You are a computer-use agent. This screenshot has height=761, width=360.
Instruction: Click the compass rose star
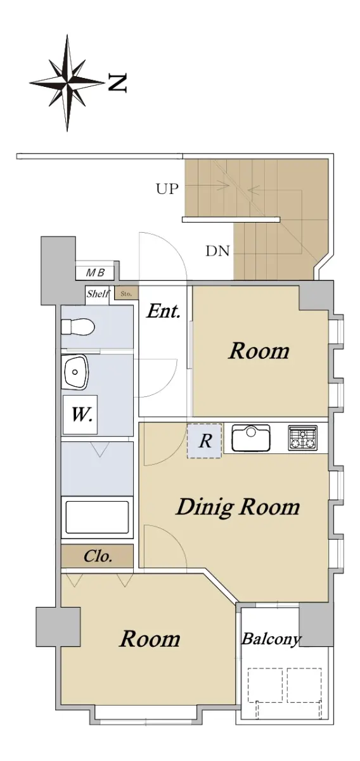(67, 82)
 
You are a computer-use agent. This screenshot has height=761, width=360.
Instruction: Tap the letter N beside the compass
(117, 82)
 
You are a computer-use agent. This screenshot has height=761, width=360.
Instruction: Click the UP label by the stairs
(167, 188)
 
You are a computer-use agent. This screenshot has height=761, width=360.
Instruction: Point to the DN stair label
(217, 251)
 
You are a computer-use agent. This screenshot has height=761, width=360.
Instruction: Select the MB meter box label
(95, 273)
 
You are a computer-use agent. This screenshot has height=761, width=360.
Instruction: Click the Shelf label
(98, 294)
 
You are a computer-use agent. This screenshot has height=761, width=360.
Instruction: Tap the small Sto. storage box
(126, 294)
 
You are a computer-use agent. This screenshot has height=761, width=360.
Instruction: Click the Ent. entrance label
(164, 311)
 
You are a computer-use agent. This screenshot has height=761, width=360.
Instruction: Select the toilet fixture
(78, 327)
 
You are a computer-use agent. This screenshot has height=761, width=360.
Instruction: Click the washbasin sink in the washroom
(75, 372)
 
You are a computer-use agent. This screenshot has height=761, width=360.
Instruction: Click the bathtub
(97, 517)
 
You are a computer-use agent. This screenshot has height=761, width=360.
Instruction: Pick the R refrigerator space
(205, 441)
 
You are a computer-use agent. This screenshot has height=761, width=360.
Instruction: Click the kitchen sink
(251, 438)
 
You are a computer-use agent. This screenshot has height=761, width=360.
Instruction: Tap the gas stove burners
(302, 438)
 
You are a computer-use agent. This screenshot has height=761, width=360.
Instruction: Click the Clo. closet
(97, 556)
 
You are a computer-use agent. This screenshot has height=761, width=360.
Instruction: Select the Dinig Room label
(238, 508)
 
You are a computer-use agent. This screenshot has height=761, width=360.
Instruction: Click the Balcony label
(271, 639)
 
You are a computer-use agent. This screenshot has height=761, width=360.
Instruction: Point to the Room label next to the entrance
(259, 351)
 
